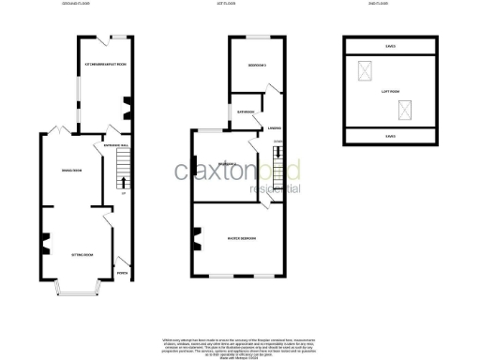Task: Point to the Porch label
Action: click(x=122, y=274)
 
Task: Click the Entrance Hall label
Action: click(x=115, y=147)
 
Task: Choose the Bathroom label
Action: click(x=247, y=112)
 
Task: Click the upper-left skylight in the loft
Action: click(x=364, y=70)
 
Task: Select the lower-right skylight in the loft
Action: click(x=405, y=112)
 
